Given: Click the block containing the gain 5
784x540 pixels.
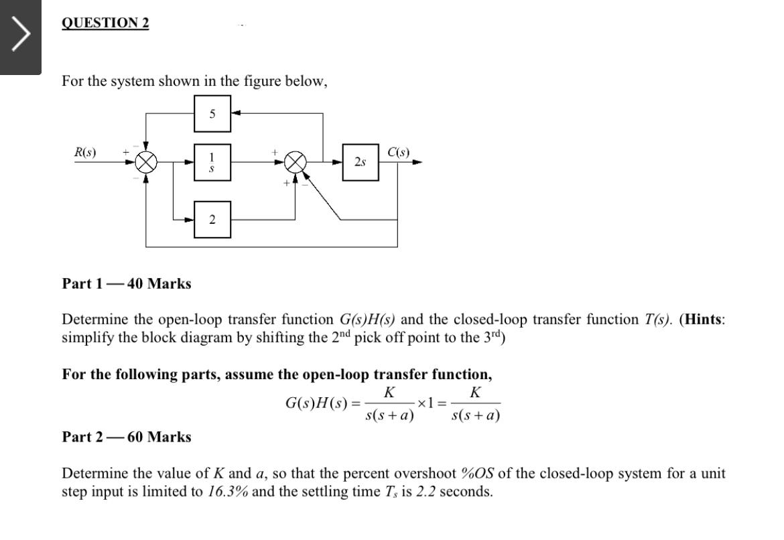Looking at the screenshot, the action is tap(212, 113).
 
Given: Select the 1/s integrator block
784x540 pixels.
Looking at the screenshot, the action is tap(212, 163).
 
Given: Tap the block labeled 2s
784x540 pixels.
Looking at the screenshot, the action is tap(361, 162).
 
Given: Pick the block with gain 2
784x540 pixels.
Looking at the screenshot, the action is tap(212, 220).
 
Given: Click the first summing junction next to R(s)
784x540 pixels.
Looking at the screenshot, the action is tap(146, 162).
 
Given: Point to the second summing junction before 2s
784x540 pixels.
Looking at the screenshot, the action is tap(296, 162).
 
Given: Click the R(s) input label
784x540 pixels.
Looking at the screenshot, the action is tap(85, 152).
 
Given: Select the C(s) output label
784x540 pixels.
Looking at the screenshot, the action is tap(399, 152).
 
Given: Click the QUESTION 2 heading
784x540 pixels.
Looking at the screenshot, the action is tap(105, 23).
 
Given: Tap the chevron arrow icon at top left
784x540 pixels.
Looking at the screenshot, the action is tap(21, 33).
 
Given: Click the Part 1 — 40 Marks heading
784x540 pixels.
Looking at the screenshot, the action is tap(127, 283).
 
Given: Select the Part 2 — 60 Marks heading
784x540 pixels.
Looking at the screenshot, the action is tap(127, 437).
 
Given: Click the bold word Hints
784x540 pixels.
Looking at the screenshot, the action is tap(703, 320).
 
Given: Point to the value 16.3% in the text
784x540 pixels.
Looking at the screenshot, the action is tap(228, 492).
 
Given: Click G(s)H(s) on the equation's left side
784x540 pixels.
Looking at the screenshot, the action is tap(316, 403).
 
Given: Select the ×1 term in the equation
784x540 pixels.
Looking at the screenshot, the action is tap(426, 403).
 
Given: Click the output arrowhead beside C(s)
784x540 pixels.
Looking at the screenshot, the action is tap(417, 162).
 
